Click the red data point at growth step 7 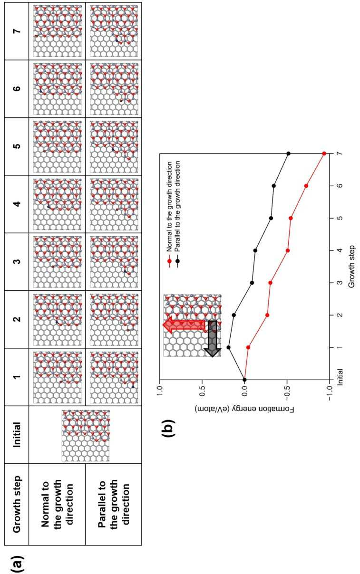(x=324, y=154)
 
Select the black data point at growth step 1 (x=228, y=347)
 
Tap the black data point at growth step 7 (x=289, y=154)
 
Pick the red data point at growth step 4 (x=288, y=250)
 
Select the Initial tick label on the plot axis (x=340, y=377)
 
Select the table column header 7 (x=17, y=31)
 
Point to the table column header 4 (x=17, y=204)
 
